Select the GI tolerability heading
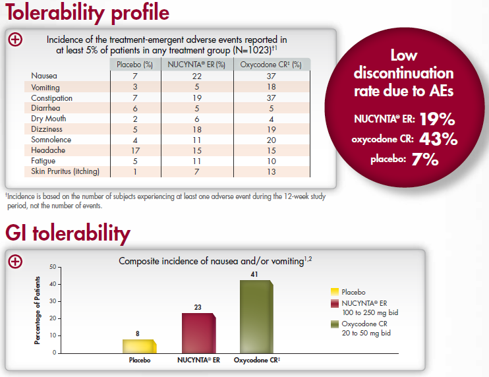tap(68, 233)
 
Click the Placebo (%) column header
tap(134, 65)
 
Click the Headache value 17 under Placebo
tap(134, 151)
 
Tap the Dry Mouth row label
tap(47, 119)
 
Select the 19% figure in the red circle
tap(438, 120)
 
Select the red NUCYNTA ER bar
tap(198, 333)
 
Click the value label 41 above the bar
tap(254, 274)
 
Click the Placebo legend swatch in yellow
tap(335, 291)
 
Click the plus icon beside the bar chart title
tap(15, 261)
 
